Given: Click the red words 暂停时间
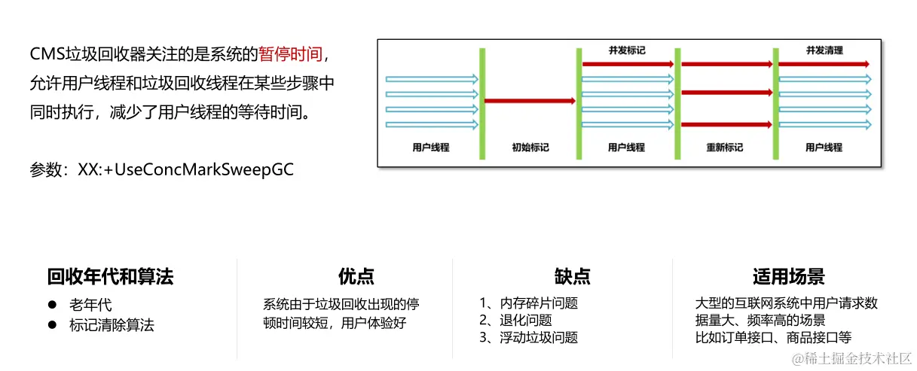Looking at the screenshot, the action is click(x=290, y=54).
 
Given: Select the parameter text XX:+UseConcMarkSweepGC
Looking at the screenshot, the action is click(x=185, y=169).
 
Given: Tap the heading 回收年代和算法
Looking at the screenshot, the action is click(x=110, y=277).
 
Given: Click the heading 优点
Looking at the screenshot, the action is click(x=356, y=277).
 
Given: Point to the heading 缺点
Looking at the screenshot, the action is click(x=572, y=277).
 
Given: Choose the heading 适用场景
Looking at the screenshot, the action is click(x=787, y=277).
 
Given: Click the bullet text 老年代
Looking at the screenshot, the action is click(x=90, y=305).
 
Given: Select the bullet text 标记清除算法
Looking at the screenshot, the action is click(x=111, y=325).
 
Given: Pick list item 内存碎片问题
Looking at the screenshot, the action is click(x=538, y=303).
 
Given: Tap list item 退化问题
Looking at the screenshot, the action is click(x=525, y=321).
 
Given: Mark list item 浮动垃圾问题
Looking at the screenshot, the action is click(x=538, y=338).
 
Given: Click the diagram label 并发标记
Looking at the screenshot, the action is click(x=627, y=51).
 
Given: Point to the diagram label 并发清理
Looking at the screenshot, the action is click(x=824, y=51).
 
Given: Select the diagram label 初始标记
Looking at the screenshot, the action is click(x=530, y=147).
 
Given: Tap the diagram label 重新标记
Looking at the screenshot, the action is click(x=725, y=147).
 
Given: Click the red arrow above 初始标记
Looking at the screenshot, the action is click(x=530, y=100).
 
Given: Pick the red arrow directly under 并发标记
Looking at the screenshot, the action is click(x=628, y=65).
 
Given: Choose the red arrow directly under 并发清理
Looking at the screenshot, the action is click(x=824, y=65).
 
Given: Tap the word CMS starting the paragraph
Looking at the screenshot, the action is click(x=47, y=54).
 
